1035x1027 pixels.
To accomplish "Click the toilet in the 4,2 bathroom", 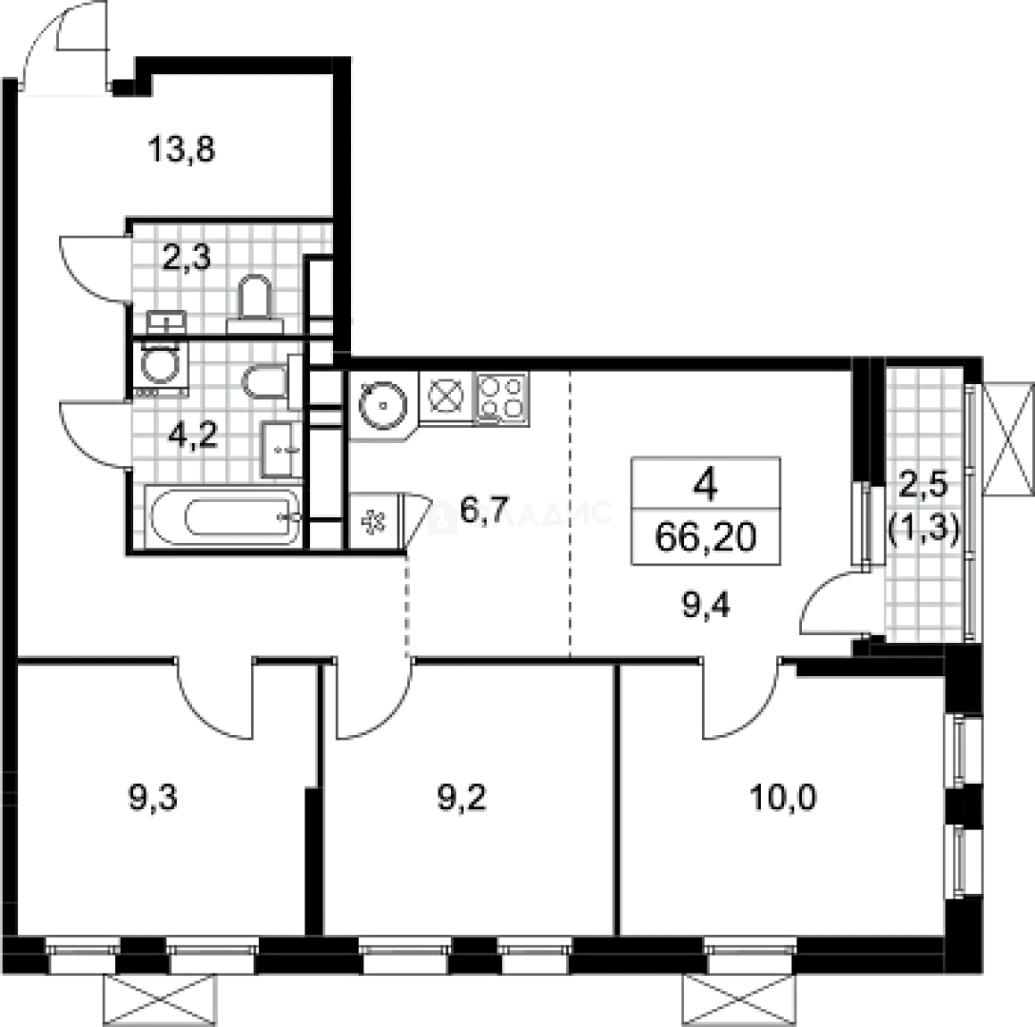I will pos(264,384).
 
